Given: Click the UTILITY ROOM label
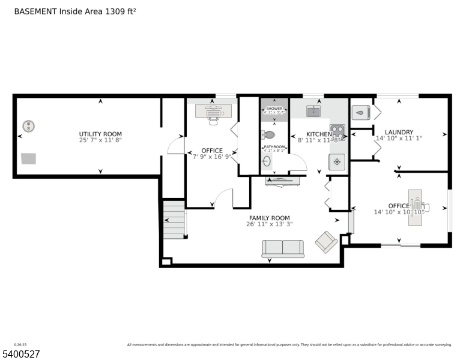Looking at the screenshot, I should click(x=100, y=134).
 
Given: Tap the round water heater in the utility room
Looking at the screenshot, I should click(x=28, y=127).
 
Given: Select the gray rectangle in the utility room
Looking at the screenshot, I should click(x=28, y=158).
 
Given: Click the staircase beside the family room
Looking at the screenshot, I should click(x=175, y=220).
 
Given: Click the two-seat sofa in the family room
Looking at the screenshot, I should click(x=283, y=248).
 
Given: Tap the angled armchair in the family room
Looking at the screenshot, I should click(x=326, y=242).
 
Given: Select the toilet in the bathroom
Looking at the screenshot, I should click(x=269, y=135).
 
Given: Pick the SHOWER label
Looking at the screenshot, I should click(x=274, y=109).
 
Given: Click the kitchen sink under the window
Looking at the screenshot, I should click(x=313, y=110).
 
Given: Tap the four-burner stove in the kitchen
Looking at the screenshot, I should click(x=337, y=131).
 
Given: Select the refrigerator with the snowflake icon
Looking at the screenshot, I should click(x=337, y=161).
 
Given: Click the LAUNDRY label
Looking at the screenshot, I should click(x=399, y=132).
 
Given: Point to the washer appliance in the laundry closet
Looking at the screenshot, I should click(x=360, y=111).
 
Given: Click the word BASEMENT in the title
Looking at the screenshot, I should click(x=35, y=11).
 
